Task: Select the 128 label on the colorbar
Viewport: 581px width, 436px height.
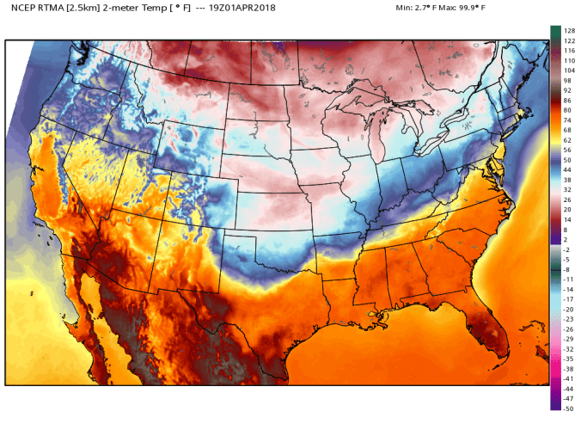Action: pyautogui.click(x=568, y=31)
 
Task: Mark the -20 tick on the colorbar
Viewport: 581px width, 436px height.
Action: pyautogui.click(x=567, y=309)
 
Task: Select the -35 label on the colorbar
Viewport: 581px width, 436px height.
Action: pyautogui.click(x=567, y=359)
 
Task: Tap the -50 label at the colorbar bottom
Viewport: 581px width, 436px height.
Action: pyautogui.click(x=567, y=408)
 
